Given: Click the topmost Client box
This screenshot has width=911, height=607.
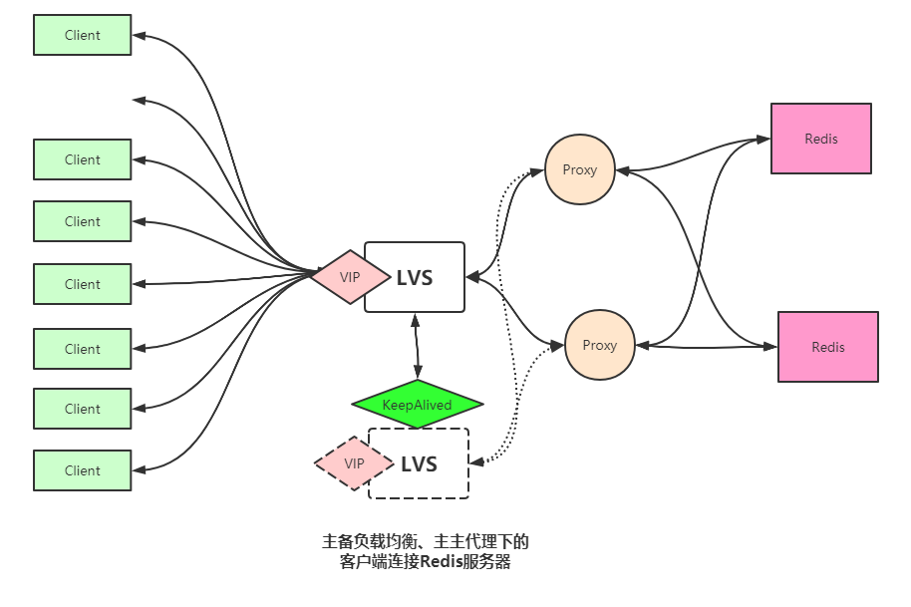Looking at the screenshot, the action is pyautogui.click(x=83, y=36).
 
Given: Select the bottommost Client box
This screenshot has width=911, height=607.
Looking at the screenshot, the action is pyautogui.click(x=83, y=470).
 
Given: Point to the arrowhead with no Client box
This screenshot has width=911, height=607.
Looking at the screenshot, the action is pyautogui.click(x=140, y=101).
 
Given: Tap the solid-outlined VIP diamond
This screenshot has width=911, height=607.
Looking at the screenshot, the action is pyautogui.click(x=350, y=277).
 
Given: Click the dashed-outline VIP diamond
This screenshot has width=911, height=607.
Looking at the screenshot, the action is pyautogui.click(x=354, y=463).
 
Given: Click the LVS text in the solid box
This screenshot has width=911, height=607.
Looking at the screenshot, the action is pyautogui.click(x=415, y=278).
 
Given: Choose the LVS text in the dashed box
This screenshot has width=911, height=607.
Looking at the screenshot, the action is pyautogui.click(x=419, y=464).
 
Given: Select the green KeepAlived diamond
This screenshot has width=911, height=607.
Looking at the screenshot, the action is pyautogui.click(x=418, y=405).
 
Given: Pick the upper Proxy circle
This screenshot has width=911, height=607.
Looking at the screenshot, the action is pyautogui.click(x=580, y=169).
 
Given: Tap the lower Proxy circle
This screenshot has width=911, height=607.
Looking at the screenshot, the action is pyautogui.click(x=600, y=345).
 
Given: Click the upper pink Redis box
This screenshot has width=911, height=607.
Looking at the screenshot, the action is pyautogui.click(x=821, y=139).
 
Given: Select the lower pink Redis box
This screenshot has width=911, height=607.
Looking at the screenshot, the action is pyautogui.click(x=828, y=347).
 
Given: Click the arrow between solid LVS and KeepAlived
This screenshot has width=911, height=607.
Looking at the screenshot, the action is pyautogui.click(x=416, y=346).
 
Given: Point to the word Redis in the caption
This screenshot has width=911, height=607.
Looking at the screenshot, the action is pyautogui.click(x=441, y=562).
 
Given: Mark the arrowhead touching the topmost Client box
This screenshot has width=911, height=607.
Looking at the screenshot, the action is pyautogui.click(x=140, y=36).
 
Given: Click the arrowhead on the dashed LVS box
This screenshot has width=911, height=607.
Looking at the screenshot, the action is pyautogui.click(x=476, y=462).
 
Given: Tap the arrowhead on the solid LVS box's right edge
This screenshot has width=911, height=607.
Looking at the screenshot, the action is pyautogui.click(x=472, y=277).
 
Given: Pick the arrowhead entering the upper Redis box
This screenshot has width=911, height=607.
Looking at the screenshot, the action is pyautogui.click(x=762, y=139).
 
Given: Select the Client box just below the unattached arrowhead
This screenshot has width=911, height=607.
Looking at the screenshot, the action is pyautogui.click(x=83, y=159).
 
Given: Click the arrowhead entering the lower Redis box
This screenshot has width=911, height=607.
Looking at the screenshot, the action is pyautogui.click(x=769, y=347).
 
